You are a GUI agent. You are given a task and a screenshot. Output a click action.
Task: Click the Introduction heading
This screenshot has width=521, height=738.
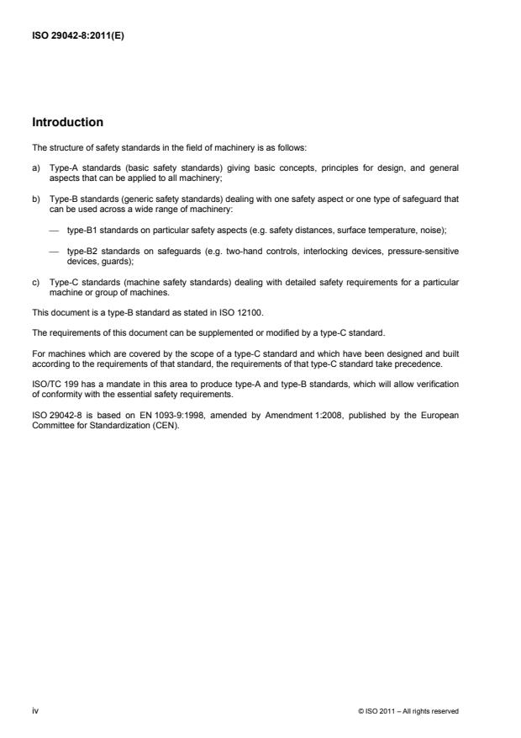[67, 123]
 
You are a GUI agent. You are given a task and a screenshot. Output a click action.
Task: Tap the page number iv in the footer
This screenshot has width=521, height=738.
[34, 711]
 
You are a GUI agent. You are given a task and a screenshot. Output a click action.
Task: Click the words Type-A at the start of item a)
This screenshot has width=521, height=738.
[63, 167]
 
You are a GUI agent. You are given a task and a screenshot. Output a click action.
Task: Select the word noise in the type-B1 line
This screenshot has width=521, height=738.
[440, 228]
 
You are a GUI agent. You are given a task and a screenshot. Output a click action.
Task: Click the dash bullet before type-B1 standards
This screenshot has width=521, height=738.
[54, 228]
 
